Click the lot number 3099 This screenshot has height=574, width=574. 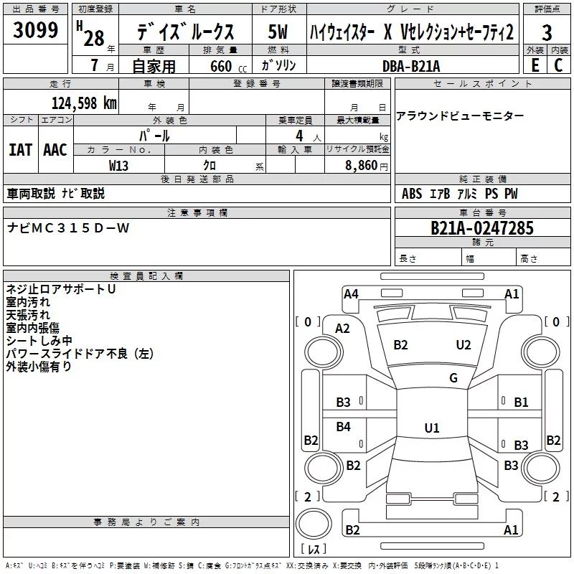pyautogui.click(x=36, y=30)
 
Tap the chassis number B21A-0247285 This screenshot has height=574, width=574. pyautogui.click(x=482, y=228)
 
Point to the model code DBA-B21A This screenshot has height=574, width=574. pyautogui.click(x=411, y=65)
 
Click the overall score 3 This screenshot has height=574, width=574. pyautogui.click(x=547, y=33)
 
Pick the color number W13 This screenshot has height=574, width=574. pyautogui.click(x=119, y=165)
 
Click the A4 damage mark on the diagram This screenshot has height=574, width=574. pyautogui.click(x=351, y=293)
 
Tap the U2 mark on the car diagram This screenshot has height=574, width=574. pyautogui.click(x=464, y=345)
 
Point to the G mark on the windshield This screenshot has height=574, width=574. pyautogui.click(x=453, y=378)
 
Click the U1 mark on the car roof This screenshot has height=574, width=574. pyautogui.click(x=431, y=428)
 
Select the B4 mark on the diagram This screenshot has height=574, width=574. pyautogui.click(x=344, y=427)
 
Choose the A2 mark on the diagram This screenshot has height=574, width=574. pyautogui.click(x=343, y=329)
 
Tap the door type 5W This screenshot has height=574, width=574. pyautogui.click(x=278, y=32)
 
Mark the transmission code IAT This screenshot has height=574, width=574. pyautogui.click(x=20, y=149)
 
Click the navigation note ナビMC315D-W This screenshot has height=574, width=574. pyautogui.click(x=68, y=227)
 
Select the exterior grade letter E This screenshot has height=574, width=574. pyautogui.click(x=535, y=65)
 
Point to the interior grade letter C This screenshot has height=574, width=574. pyautogui.click(x=559, y=65)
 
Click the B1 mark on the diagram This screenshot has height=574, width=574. pyautogui.click(x=521, y=403)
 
